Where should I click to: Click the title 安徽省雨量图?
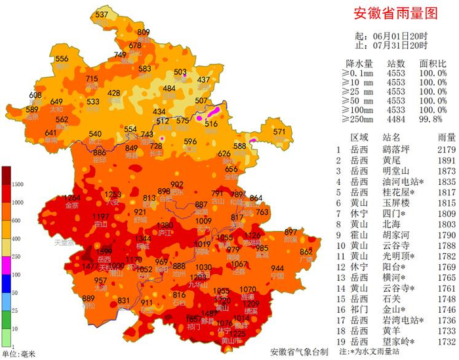tap(395, 12)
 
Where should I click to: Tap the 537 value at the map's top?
tap(102, 14)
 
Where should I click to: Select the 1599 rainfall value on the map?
tap(104, 252)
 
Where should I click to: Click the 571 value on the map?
tap(280, 132)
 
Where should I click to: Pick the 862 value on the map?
tap(306, 252)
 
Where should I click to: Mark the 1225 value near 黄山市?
tap(238, 334)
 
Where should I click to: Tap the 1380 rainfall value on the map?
tap(165, 226)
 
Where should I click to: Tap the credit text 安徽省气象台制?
tap(299, 351)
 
